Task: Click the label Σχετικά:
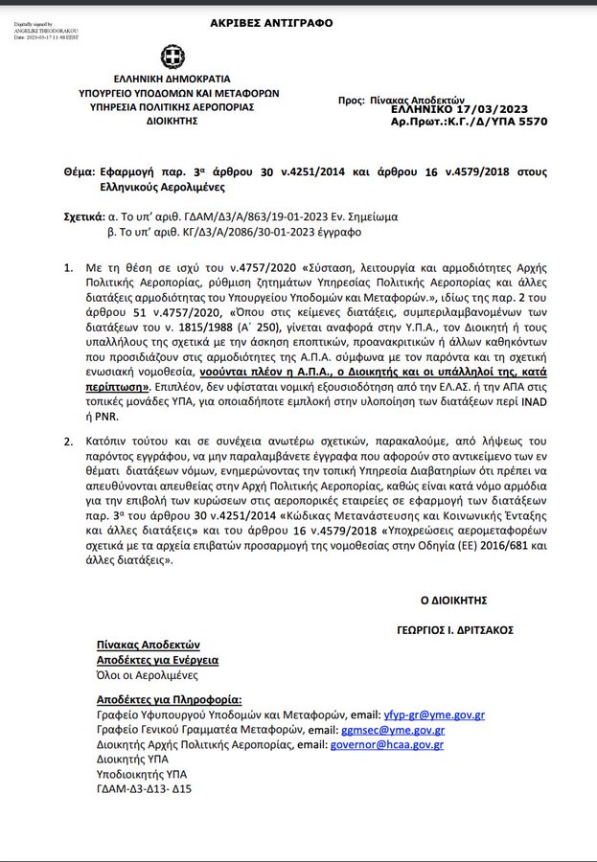[x=84, y=216]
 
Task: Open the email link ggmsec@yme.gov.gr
[x=404, y=729]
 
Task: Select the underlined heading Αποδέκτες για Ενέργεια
[x=157, y=660]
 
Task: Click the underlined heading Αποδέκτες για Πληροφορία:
[x=170, y=699]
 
